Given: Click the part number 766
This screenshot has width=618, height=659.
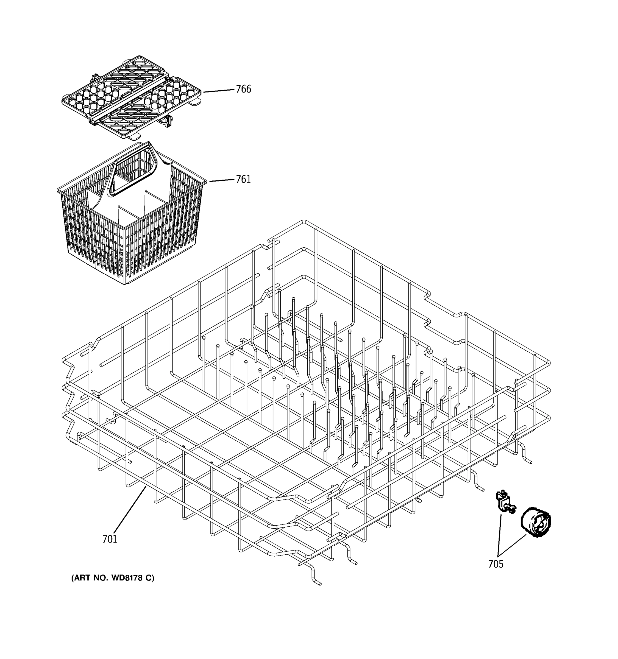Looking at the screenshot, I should point(243,89).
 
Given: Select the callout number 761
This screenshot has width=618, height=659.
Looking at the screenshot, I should point(243,179).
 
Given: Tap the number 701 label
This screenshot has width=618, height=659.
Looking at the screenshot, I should point(110,539).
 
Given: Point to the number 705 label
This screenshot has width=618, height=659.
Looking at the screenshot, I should point(496,564).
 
